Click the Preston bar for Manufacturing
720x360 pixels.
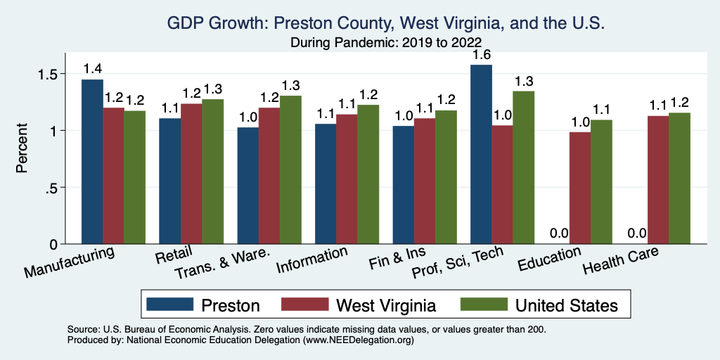92,162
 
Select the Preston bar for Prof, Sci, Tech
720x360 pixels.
481,154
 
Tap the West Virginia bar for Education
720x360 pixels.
580,188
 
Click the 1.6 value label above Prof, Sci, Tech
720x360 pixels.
481,53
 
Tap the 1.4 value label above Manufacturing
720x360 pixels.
92,69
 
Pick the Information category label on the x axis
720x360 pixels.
311,262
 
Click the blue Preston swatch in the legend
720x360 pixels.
169,304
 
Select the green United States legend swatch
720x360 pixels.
484,304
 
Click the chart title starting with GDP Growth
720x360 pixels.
385,23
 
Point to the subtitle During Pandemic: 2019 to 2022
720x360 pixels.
385,42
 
